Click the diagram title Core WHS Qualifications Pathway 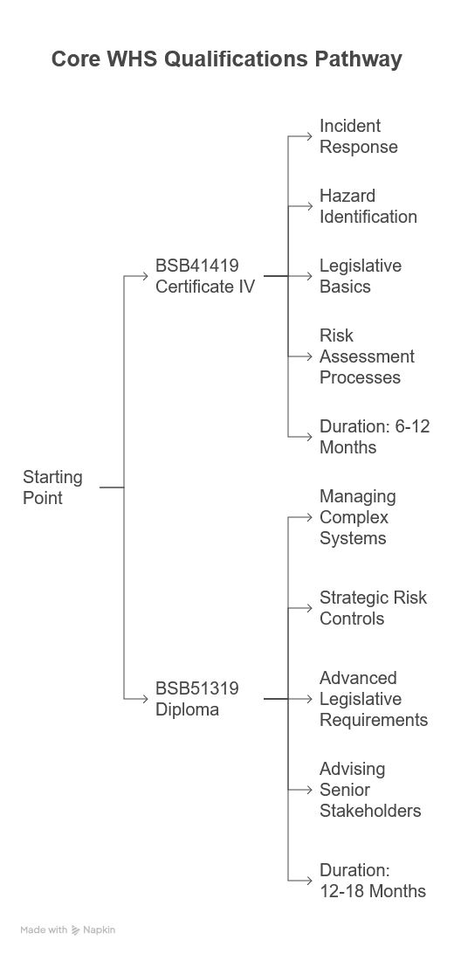(227, 59)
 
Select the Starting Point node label (52, 487)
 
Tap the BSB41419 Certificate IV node (205, 275)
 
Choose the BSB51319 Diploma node (197, 699)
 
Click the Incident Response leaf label (359, 136)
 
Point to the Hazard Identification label (368, 206)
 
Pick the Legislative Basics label (361, 275)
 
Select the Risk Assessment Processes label (367, 356)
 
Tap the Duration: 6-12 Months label (375, 437)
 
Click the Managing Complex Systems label (357, 517)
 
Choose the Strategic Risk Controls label (373, 608)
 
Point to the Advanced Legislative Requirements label (374, 699)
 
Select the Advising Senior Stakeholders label (370, 790)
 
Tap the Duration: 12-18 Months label (373, 881)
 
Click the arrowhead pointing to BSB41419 (145, 276)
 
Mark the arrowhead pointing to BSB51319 (145, 699)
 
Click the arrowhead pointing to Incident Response (309, 136)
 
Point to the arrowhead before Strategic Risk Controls (309, 608)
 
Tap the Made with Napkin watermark (67, 930)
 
